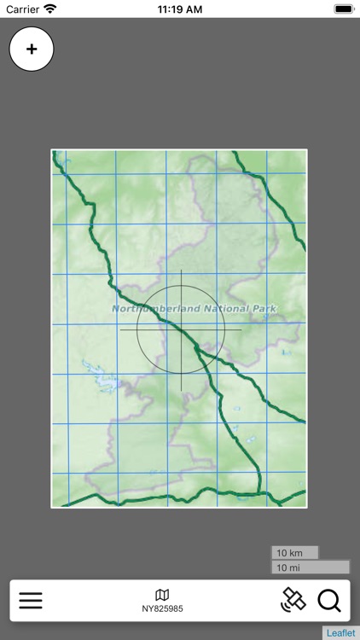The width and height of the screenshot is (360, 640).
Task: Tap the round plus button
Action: (32, 49)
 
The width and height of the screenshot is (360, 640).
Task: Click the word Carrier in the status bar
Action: (23, 9)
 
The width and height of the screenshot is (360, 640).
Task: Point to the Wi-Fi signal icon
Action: (50, 9)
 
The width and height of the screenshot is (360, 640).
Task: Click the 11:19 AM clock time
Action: (180, 9)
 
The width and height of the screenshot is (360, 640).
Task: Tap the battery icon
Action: (343, 9)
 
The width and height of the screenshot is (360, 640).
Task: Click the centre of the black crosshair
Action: (181, 329)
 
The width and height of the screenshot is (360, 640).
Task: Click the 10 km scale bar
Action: (294, 553)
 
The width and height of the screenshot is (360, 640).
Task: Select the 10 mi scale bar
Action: (311, 567)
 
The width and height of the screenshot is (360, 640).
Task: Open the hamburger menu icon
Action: (31, 601)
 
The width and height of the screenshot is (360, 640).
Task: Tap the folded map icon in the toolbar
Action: (162, 595)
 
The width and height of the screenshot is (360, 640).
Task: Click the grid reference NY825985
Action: (162, 609)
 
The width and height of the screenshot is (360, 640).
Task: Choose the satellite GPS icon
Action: (293, 600)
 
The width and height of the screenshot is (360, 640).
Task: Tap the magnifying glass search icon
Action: (329, 601)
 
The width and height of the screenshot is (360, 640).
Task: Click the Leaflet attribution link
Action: (341, 633)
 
